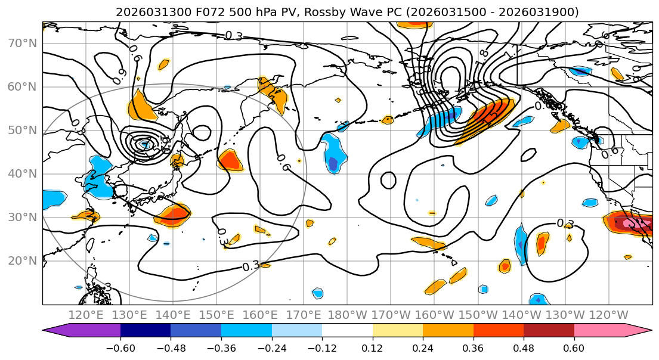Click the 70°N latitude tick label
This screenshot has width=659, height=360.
[22, 43]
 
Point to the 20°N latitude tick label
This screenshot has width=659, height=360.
[22, 261]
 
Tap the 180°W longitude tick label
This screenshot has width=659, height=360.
[347, 315]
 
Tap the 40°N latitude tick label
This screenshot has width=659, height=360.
[22, 174]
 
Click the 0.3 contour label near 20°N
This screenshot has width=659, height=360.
[251, 266]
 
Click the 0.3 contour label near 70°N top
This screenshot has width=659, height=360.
[234, 36]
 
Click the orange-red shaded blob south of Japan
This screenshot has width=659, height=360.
[174, 215]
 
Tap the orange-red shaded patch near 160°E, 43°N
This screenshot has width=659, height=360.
[230, 159]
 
